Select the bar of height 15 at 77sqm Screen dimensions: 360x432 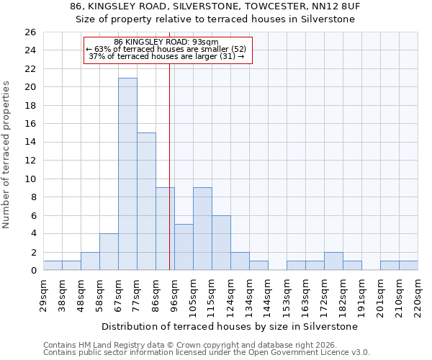[146, 202]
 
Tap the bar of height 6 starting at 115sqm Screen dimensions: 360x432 [221, 243]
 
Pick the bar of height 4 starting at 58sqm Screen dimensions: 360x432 [109, 252]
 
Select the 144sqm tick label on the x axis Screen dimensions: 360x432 [268, 295]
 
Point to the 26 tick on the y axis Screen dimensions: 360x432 [30, 32]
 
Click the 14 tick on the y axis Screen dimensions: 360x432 [30, 143]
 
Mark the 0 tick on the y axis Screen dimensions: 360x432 [32, 271]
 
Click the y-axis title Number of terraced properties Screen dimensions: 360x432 [7, 155]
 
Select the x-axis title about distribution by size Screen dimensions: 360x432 [230, 326]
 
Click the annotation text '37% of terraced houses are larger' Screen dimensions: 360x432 [166, 56]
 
